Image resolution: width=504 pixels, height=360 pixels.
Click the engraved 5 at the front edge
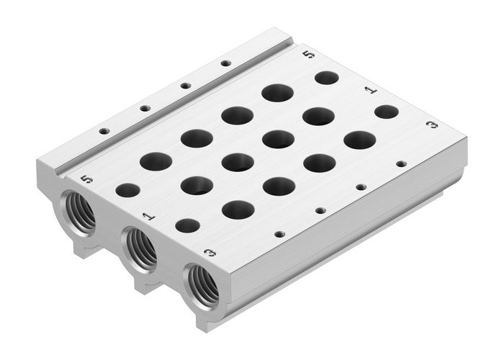pyautogui.click(x=87, y=179)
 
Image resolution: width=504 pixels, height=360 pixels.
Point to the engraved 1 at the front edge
pyautogui.click(x=148, y=215)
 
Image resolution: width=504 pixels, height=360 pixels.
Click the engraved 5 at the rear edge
pyautogui.click(x=309, y=54)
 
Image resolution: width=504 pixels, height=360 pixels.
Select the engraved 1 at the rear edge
pyautogui.click(x=370, y=90)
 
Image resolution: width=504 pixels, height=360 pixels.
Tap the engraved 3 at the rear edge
pyautogui.click(x=431, y=125)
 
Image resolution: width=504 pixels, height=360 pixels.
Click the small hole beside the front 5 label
pyautogui.click(x=127, y=190)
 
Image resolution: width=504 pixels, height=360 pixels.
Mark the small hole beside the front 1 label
pyautogui.click(x=188, y=225)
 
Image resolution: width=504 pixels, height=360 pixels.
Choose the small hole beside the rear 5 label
pyautogui.click(x=327, y=77)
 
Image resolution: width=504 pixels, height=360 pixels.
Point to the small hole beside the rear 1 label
pyautogui.click(x=387, y=112)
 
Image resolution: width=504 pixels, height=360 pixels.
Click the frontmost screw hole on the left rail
pyautogui.click(x=104, y=131)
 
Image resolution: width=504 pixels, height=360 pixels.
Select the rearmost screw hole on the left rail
pyautogui.click(x=226, y=63)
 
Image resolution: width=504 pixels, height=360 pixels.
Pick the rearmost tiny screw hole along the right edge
pyautogui.click(x=401, y=163)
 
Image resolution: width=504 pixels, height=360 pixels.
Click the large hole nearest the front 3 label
pyautogui.click(x=238, y=210)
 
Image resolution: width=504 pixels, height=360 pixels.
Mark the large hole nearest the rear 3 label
pyautogui.click(x=359, y=140)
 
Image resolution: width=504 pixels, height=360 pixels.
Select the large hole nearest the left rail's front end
pyautogui.click(x=156, y=161)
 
